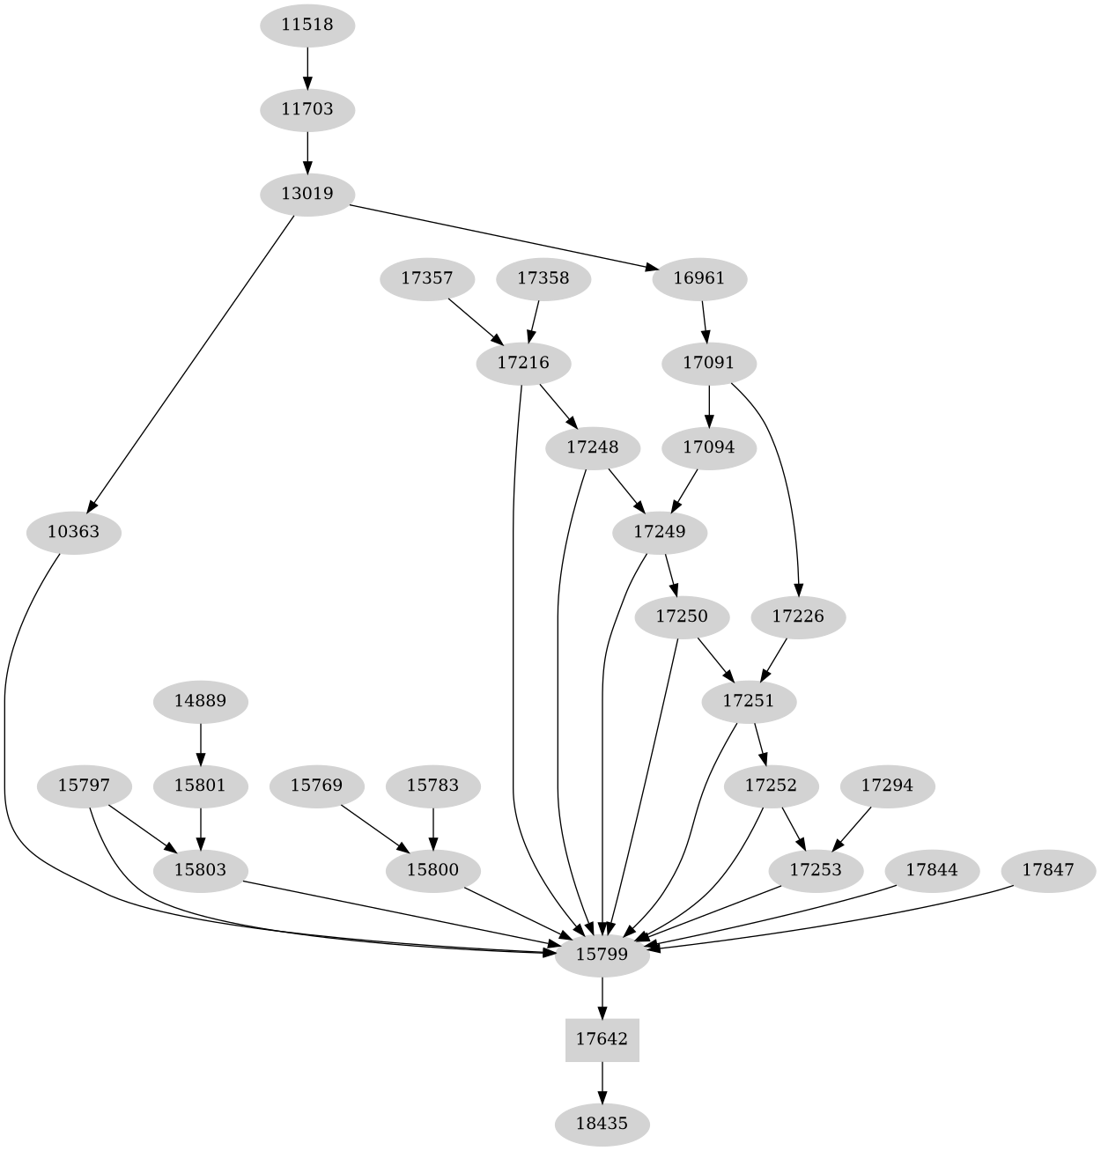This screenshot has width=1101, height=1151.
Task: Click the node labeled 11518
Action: tap(307, 25)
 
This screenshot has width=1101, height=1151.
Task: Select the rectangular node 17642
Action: tap(602, 1039)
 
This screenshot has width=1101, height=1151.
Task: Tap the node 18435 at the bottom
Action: tap(602, 1124)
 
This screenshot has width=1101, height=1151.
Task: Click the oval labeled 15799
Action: tap(602, 955)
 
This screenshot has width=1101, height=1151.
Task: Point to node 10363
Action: tap(73, 532)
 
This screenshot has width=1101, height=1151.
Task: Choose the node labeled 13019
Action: tap(307, 194)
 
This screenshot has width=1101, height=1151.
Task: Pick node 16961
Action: tap(699, 278)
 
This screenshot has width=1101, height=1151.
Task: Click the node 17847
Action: tap(1048, 870)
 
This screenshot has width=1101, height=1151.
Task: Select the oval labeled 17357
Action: tap(427, 278)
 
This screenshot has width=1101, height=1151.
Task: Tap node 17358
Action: tap(543, 278)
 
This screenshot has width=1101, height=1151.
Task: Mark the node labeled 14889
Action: tap(202, 701)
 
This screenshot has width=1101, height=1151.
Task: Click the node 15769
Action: tap(316, 785)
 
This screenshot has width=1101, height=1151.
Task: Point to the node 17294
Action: tap(887, 785)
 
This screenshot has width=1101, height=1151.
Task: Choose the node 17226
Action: tap(798, 616)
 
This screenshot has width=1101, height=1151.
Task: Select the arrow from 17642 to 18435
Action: tap(602, 1081)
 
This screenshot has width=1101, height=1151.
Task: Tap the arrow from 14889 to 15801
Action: tap(202, 743)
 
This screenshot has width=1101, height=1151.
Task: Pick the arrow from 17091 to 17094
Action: tap(709, 405)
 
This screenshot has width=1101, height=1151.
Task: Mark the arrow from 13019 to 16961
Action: tap(502, 236)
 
